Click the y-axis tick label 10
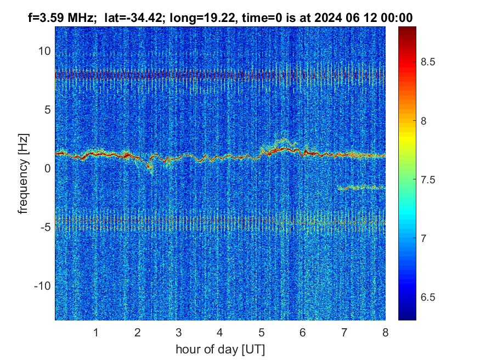pyautogui.click(x=44, y=51)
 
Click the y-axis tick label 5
pyautogui.click(x=48, y=110)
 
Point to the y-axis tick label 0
pyautogui.click(x=48, y=168)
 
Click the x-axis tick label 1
pyautogui.click(x=96, y=332)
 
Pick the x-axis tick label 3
pyautogui.click(x=179, y=332)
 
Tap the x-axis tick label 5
pyautogui.click(x=261, y=332)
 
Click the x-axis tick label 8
pyautogui.click(x=385, y=332)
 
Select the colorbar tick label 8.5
pyautogui.click(x=428, y=62)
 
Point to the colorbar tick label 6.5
pyautogui.click(x=428, y=297)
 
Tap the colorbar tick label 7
pyautogui.click(x=423, y=238)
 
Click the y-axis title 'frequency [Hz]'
pyautogui.click(x=24, y=173)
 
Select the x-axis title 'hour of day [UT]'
pyautogui.click(x=220, y=348)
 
